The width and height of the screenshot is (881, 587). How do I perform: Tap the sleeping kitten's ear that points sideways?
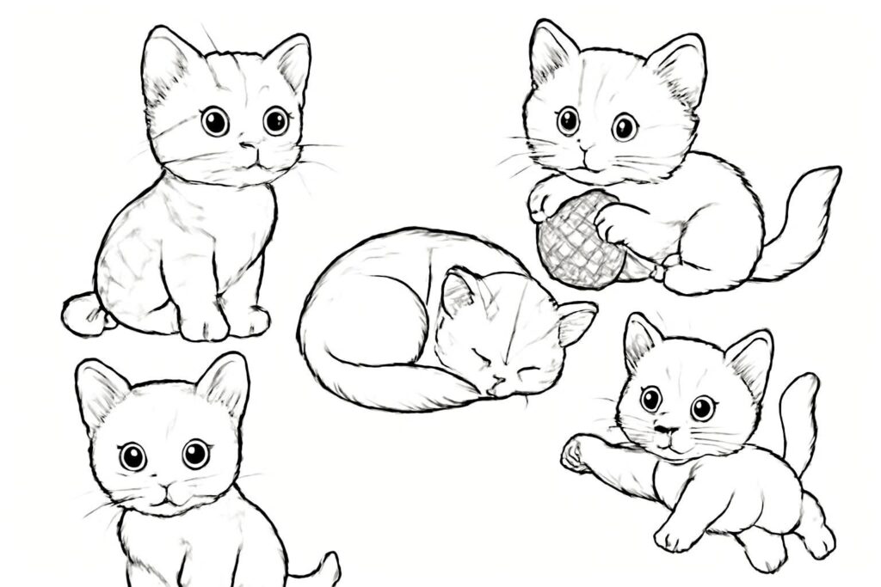coord(576,322)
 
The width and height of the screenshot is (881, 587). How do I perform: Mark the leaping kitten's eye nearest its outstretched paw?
coord(651,398)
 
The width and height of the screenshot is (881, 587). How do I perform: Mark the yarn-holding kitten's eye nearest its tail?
coord(625,127)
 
